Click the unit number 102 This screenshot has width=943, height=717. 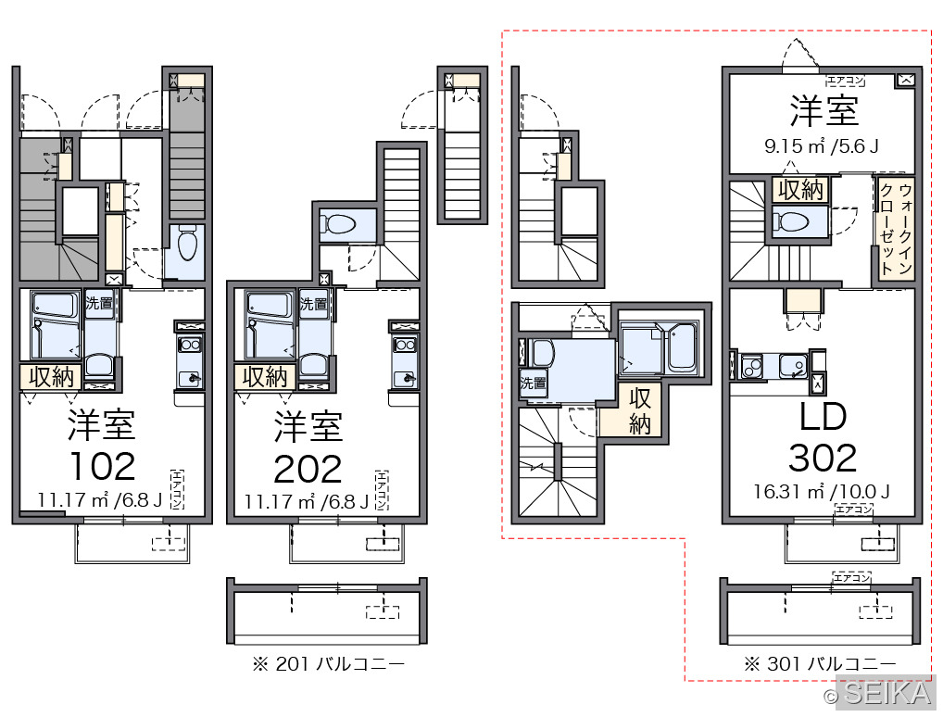click(x=102, y=466)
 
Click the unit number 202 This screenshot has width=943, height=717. click(x=308, y=469)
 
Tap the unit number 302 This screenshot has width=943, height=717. click(x=823, y=459)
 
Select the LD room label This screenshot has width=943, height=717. click(x=823, y=416)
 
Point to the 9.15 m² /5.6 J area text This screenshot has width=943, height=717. click(x=822, y=146)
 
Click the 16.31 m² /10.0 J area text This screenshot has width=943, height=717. click(x=822, y=492)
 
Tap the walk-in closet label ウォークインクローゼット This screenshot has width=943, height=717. click(x=896, y=229)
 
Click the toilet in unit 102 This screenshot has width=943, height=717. click(x=188, y=243)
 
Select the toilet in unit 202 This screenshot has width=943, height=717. click(x=337, y=225)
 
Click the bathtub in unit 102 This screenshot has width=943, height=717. click(x=56, y=325)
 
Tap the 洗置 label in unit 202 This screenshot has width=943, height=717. click(x=313, y=304)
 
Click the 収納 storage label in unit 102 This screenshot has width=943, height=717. click(x=51, y=377)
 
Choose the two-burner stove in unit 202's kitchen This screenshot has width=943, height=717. click(x=404, y=346)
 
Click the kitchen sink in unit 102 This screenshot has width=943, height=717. click(x=190, y=379)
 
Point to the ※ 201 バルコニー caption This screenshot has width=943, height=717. click(x=328, y=664)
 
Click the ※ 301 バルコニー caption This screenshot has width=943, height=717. click(x=820, y=664)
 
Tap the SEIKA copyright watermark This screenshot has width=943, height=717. click(x=880, y=693)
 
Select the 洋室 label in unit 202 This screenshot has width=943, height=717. click(x=308, y=426)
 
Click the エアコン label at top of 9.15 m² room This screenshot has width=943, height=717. click(x=846, y=81)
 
